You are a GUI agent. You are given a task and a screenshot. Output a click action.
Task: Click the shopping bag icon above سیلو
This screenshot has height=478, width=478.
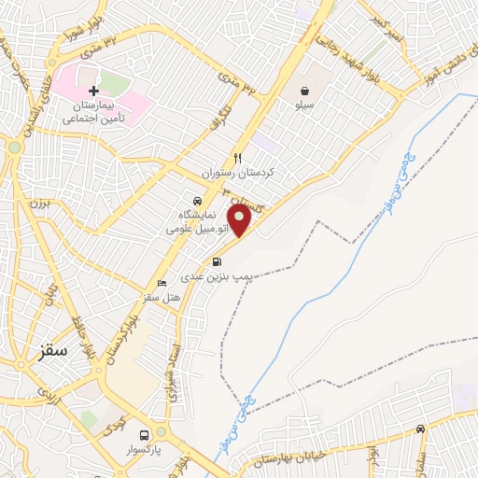[x=305, y=91]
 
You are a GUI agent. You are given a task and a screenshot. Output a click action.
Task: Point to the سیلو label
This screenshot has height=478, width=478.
[x=305, y=108]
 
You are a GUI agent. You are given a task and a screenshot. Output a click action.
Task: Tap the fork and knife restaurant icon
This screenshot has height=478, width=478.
[x=238, y=158]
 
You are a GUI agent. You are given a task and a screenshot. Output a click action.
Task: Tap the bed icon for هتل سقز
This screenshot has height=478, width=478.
[x=162, y=283]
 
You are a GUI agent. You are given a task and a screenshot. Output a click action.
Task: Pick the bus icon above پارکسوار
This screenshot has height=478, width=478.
[x=144, y=435]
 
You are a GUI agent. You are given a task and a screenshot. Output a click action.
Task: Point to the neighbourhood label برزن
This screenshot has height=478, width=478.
[x=36, y=203]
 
